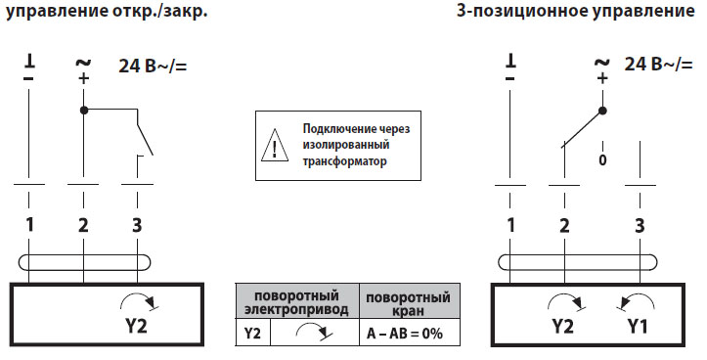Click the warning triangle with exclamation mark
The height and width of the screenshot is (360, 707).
coord(276,148)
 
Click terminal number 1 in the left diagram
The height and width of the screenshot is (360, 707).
coord(31,224)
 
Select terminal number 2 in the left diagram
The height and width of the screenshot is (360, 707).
coord(84,224)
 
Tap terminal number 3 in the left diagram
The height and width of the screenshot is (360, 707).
coord(136,224)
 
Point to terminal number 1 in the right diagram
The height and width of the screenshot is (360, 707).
coord(509,225)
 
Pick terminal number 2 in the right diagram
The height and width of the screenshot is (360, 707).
coord(563,225)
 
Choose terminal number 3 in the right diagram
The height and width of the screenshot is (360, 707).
coord(640,225)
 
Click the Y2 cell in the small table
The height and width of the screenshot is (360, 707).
coord(252,334)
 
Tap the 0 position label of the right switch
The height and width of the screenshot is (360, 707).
coord(602,158)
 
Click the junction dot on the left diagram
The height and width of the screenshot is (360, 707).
coord(84,109)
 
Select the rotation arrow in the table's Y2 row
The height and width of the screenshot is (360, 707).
coord(313,334)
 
